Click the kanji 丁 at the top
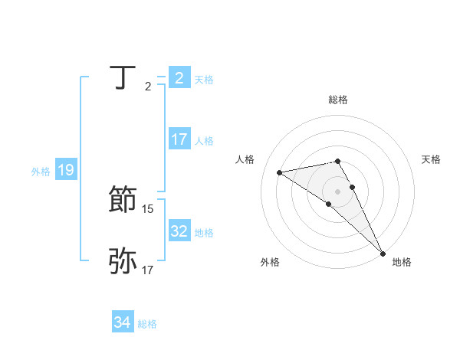point(123,78)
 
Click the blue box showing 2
point(179,78)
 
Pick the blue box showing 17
point(179,139)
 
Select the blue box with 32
point(179,231)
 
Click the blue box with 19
point(65,170)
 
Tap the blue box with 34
point(122,323)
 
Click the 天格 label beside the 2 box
point(204,79)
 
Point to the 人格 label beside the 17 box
point(204,141)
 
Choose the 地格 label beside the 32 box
point(204,233)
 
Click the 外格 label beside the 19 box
point(41,172)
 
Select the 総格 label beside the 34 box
point(147,325)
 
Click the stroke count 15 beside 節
point(148,208)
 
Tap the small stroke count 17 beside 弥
point(148,270)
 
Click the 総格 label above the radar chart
point(338,100)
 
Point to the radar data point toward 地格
point(383,251)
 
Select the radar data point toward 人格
point(279,172)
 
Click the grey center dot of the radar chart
point(338,191)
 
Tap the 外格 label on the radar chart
point(270,262)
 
